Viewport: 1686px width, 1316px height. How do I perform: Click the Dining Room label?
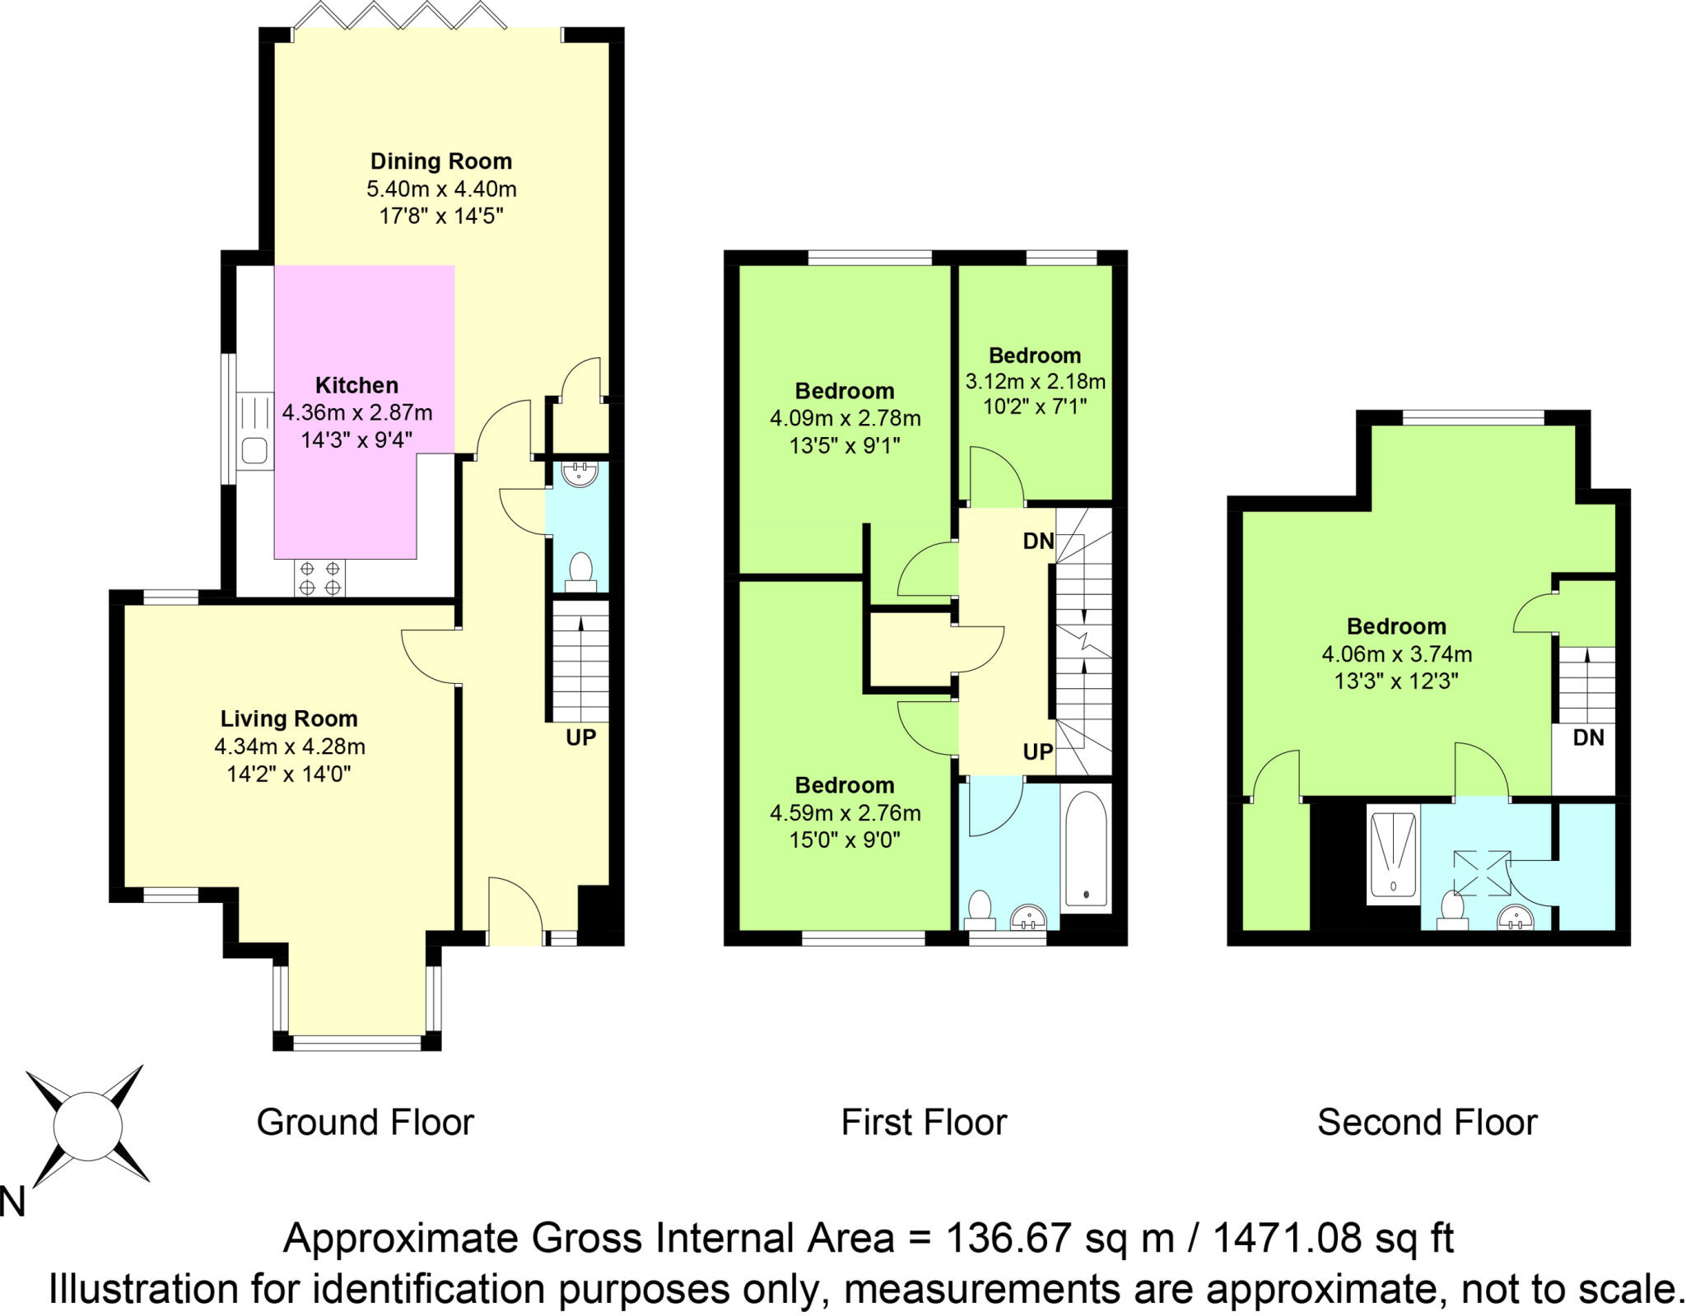click(440, 161)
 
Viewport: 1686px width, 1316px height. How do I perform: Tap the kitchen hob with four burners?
click(320, 578)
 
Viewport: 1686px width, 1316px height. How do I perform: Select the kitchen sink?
click(254, 451)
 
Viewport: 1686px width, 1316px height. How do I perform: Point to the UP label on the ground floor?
click(580, 737)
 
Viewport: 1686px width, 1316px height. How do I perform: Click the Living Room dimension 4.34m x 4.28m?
click(290, 746)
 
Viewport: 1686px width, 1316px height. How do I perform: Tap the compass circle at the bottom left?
click(87, 1127)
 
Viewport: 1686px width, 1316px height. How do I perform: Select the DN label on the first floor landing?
click(1038, 541)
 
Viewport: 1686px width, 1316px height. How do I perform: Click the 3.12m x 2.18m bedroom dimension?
click(1035, 381)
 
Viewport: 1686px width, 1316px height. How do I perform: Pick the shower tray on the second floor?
click(1394, 854)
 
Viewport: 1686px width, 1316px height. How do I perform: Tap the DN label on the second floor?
click(1588, 737)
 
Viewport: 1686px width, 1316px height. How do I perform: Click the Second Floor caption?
click(1427, 1123)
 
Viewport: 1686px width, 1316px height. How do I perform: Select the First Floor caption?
click(924, 1123)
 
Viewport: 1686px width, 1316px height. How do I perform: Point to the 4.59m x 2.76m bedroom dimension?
click(845, 813)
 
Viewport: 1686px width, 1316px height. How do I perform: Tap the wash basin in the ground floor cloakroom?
click(580, 474)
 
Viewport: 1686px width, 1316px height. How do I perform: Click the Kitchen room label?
click(356, 385)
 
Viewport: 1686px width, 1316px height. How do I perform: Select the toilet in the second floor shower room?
click(1452, 910)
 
